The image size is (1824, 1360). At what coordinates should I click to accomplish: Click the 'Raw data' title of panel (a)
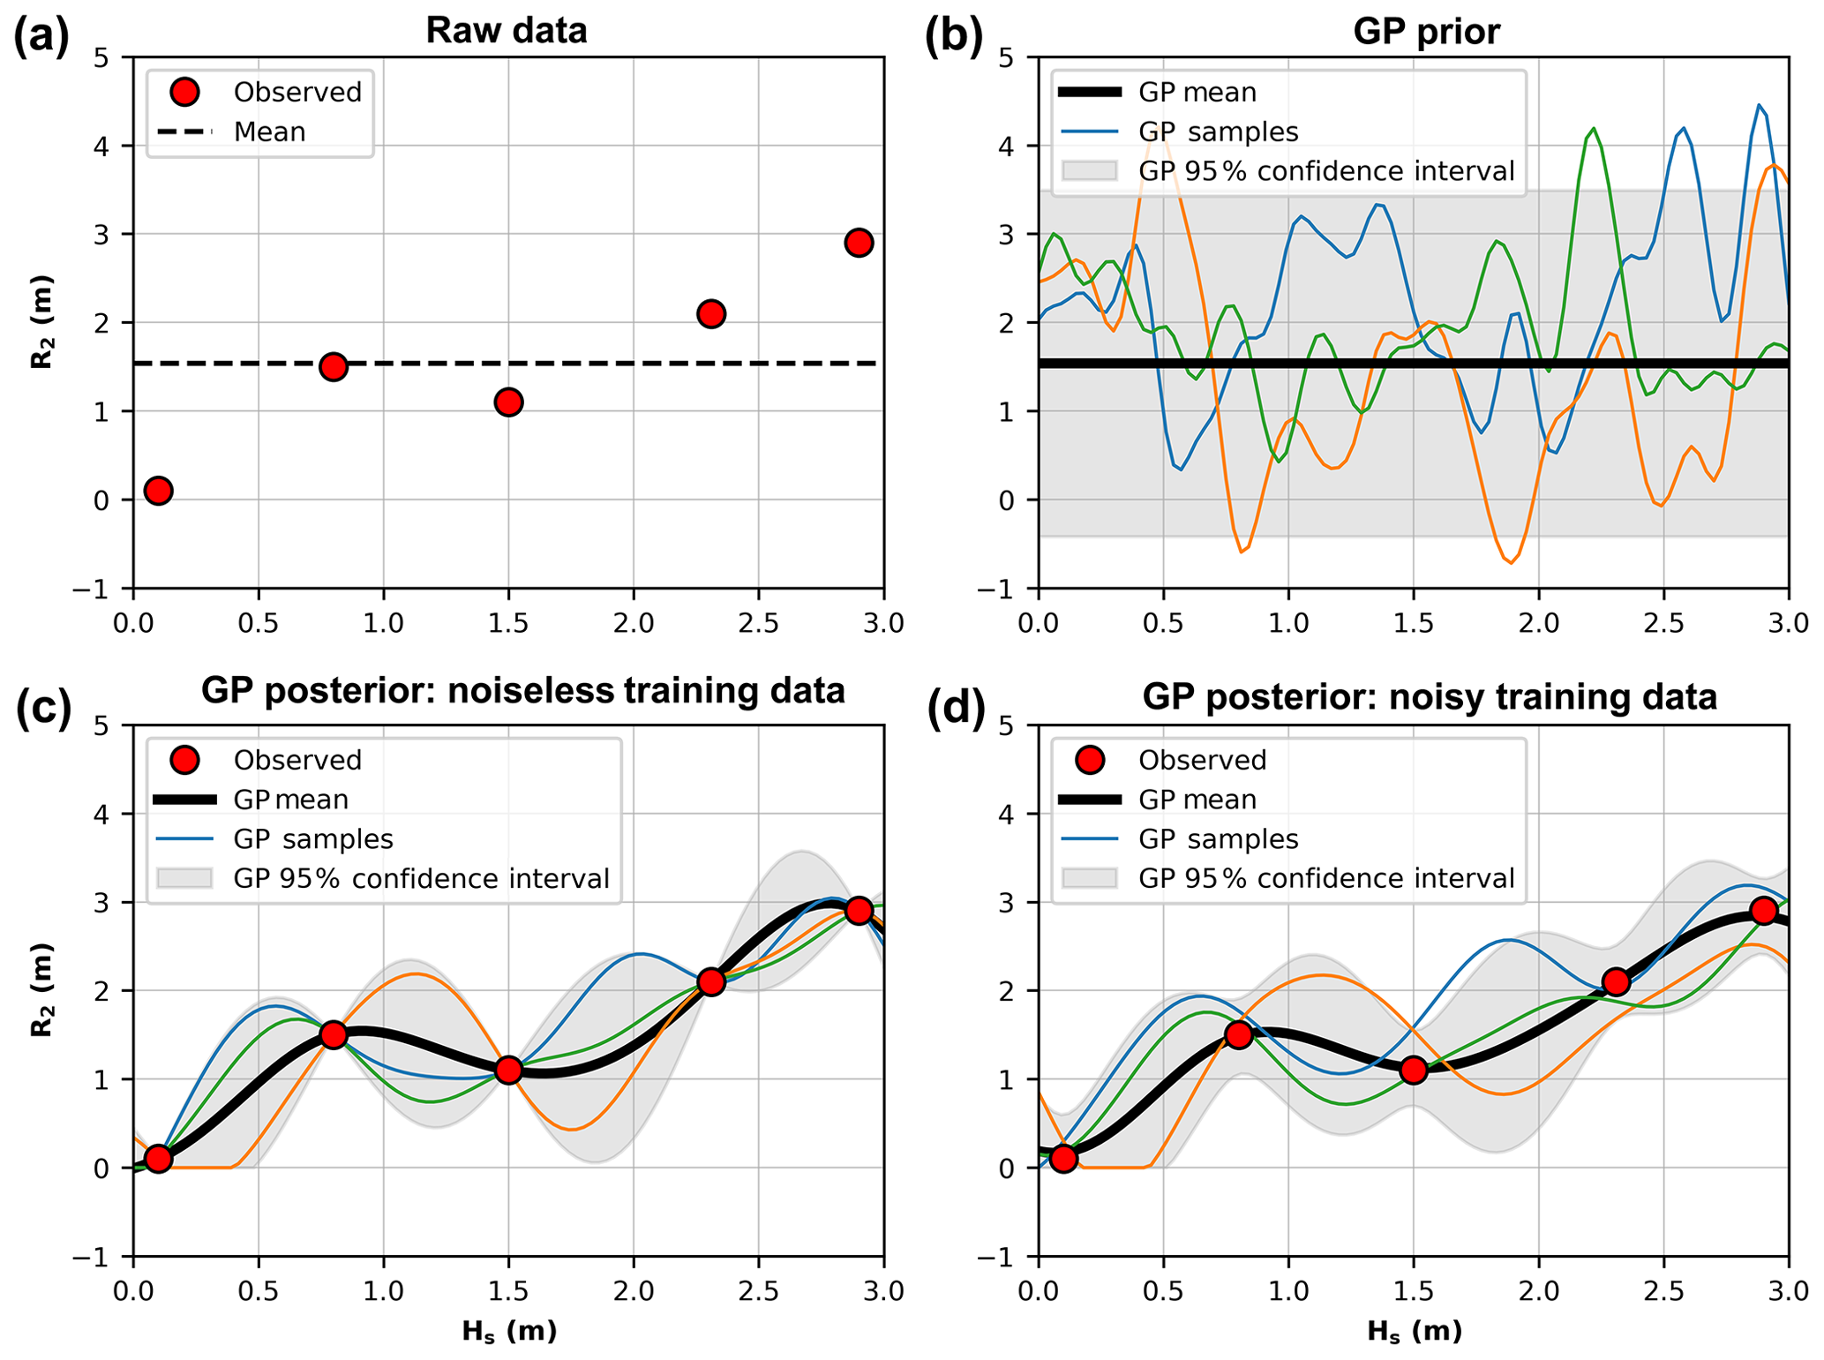(507, 31)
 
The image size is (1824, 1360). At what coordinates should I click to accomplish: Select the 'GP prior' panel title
(1426, 31)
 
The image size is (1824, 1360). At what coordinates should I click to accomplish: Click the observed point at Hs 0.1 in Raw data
(159, 491)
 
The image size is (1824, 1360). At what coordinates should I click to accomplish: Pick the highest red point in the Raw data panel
(859, 243)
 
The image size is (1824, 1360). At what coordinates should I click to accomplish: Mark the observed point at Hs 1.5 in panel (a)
(508, 402)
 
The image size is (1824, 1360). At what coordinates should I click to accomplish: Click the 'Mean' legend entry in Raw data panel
(269, 132)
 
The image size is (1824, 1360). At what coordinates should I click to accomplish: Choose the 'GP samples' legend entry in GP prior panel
(1218, 132)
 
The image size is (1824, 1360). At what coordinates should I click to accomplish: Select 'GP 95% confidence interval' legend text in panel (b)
(1325, 171)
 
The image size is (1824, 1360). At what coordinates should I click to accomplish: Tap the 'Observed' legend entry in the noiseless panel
(297, 760)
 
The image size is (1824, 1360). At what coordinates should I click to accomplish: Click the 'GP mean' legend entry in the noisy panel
(1197, 800)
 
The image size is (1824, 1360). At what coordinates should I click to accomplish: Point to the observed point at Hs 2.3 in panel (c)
(711, 982)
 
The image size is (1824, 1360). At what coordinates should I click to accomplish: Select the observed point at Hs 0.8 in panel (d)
(1239, 1035)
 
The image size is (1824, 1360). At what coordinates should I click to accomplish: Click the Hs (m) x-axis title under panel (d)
(1414, 1331)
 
